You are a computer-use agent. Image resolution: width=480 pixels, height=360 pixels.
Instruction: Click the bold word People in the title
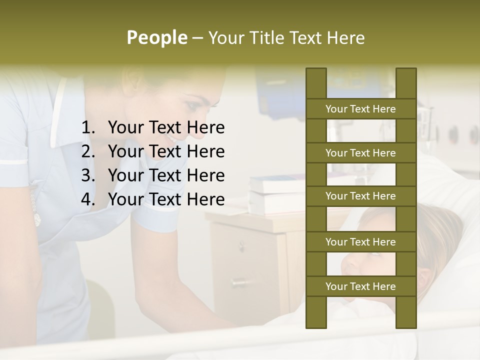tap(157, 37)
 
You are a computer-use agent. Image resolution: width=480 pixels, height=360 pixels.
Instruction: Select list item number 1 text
tap(166, 128)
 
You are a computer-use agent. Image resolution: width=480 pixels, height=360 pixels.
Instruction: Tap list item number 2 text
tap(166, 151)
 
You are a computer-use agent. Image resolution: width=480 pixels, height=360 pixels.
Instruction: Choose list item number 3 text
tap(166, 175)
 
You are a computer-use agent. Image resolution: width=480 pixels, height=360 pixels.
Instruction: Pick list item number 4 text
tap(166, 199)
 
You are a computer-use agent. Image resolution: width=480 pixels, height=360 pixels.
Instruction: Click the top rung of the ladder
tap(360, 109)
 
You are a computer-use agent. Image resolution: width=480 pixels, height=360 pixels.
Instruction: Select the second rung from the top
tap(360, 153)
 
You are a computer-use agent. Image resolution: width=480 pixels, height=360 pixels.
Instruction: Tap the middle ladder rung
tap(360, 196)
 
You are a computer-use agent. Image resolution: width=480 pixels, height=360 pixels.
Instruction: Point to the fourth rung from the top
tap(360, 242)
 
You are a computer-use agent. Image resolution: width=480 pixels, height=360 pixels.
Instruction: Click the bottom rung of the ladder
tap(360, 286)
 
